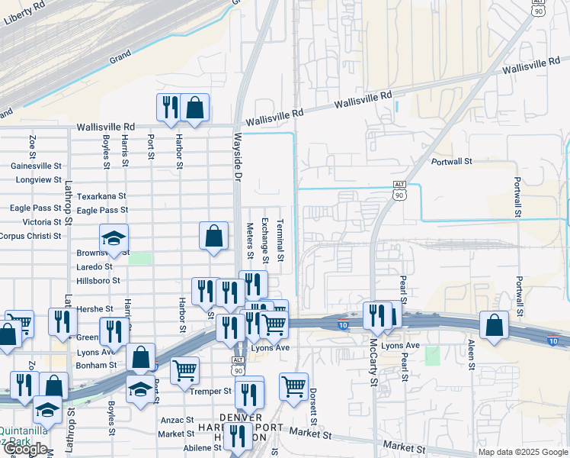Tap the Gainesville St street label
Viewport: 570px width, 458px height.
click(36, 166)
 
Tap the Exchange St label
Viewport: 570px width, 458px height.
click(264, 236)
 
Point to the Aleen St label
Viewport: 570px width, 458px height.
click(472, 355)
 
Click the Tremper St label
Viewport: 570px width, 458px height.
click(211, 391)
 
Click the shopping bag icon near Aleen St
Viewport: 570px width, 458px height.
click(495, 326)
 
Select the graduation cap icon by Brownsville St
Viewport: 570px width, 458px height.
click(114, 239)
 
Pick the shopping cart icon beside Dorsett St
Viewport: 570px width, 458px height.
click(293, 387)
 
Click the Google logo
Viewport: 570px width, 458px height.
click(25, 449)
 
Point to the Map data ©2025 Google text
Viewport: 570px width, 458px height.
click(522, 452)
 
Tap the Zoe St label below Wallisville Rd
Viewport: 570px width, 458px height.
click(33, 143)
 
